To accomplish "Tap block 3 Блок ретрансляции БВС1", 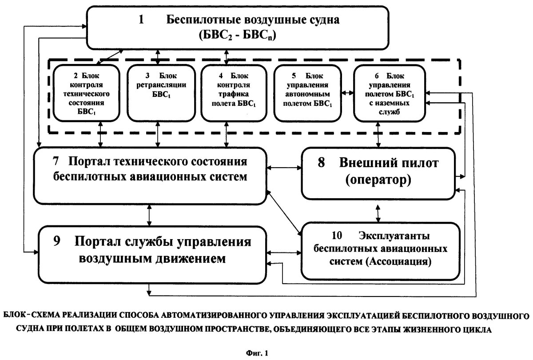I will pyautogui.click(x=158, y=92).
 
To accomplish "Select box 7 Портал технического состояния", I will pyautogui.click(x=150, y=173).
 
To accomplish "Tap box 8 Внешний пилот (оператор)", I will pyautogui.click(x=378, y=173).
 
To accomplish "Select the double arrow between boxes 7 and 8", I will pyautogui.click(x=284, y=168).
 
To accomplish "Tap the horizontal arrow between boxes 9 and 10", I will pyautogui.click(x=284, y=252).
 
